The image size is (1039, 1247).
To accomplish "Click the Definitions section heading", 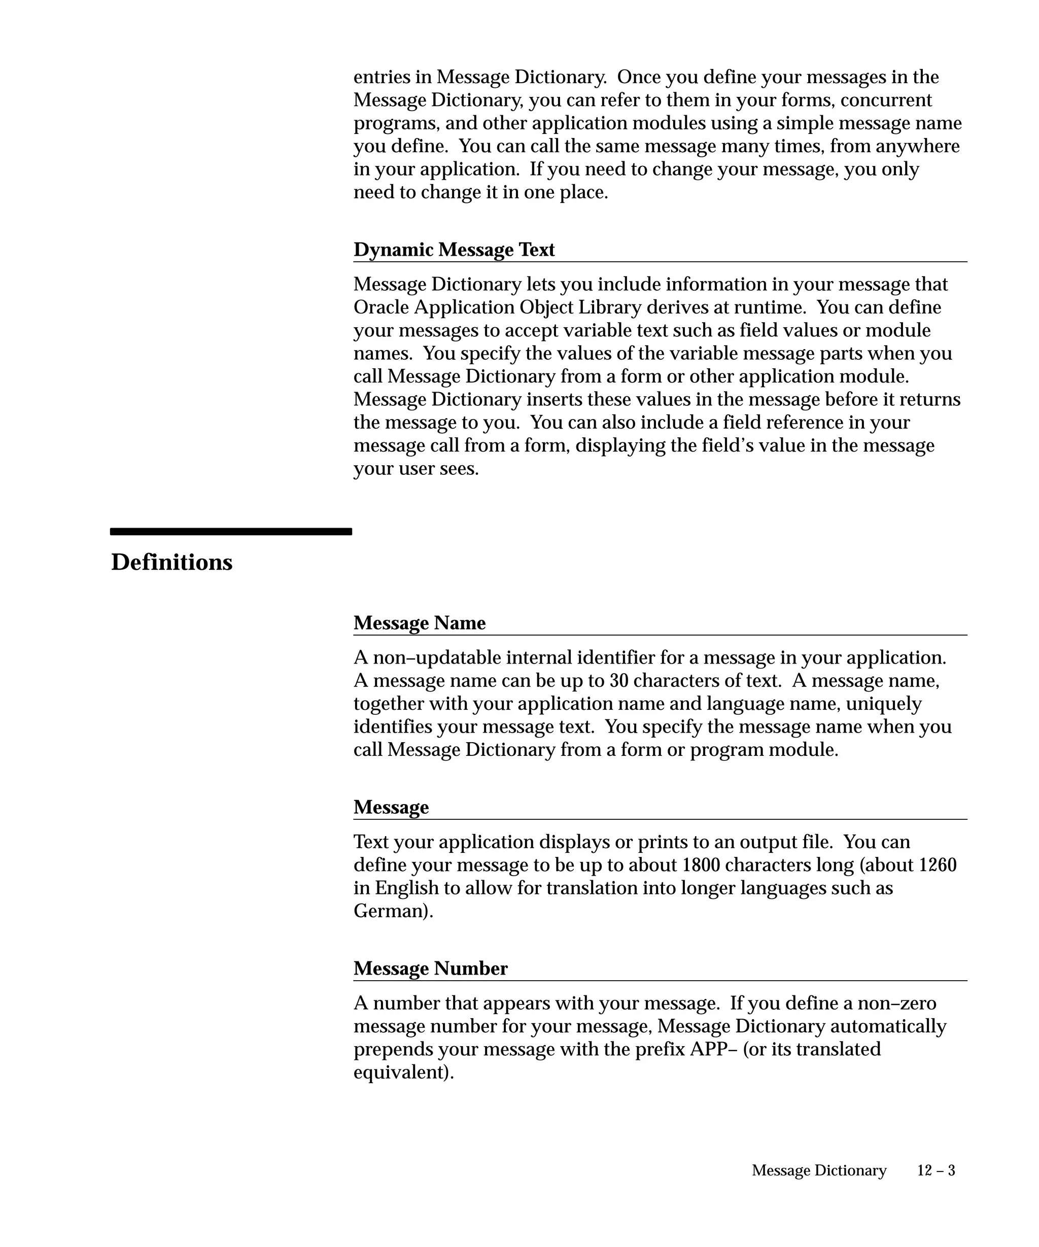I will tap(171, 562).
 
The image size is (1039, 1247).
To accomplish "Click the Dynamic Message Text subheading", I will tap(454, 250).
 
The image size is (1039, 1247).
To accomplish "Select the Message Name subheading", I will tap(419, 622).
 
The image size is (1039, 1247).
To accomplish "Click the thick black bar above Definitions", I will tap(231, 532).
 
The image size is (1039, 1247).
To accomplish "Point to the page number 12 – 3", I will tap(936, 1170).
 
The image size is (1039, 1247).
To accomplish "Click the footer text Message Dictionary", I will tap(819, 1170).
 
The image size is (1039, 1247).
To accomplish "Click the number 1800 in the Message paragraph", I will tap(701, 864).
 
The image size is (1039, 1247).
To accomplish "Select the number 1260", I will tap(937, 864).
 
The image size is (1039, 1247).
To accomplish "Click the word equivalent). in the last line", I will tap(404, 1072).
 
